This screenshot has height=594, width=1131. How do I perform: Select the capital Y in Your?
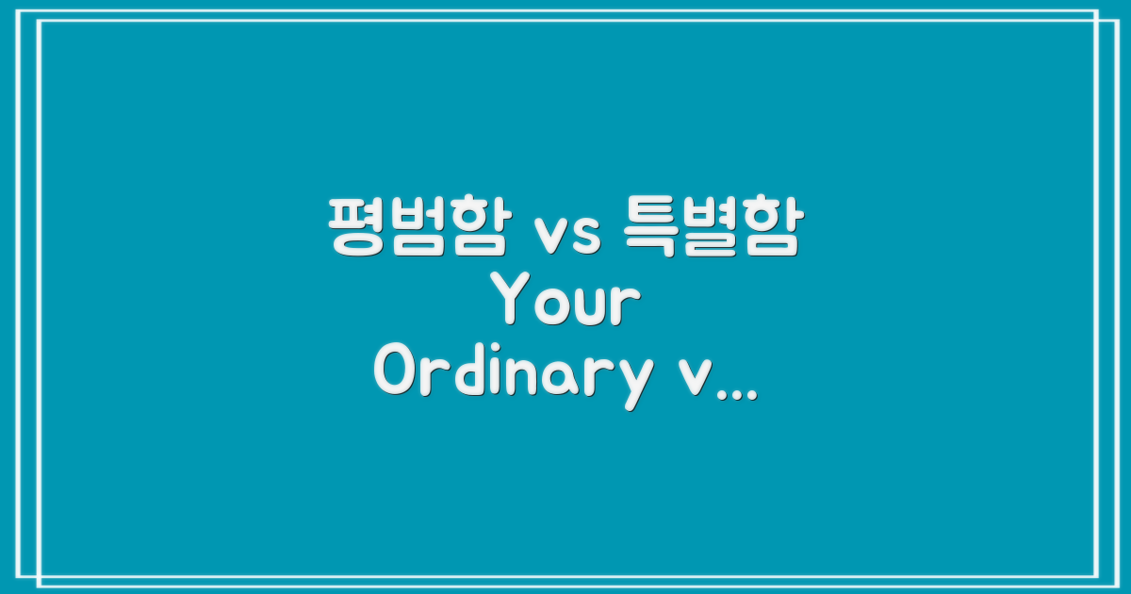coord(515,302)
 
